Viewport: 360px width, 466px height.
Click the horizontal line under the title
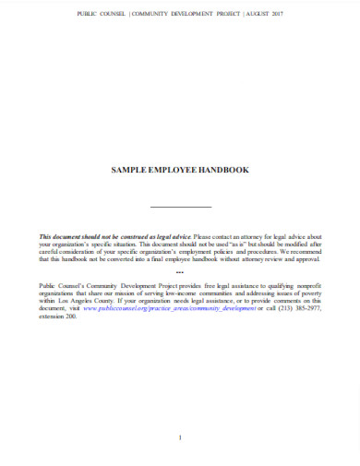180,207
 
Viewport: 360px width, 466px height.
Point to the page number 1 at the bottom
180,436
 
